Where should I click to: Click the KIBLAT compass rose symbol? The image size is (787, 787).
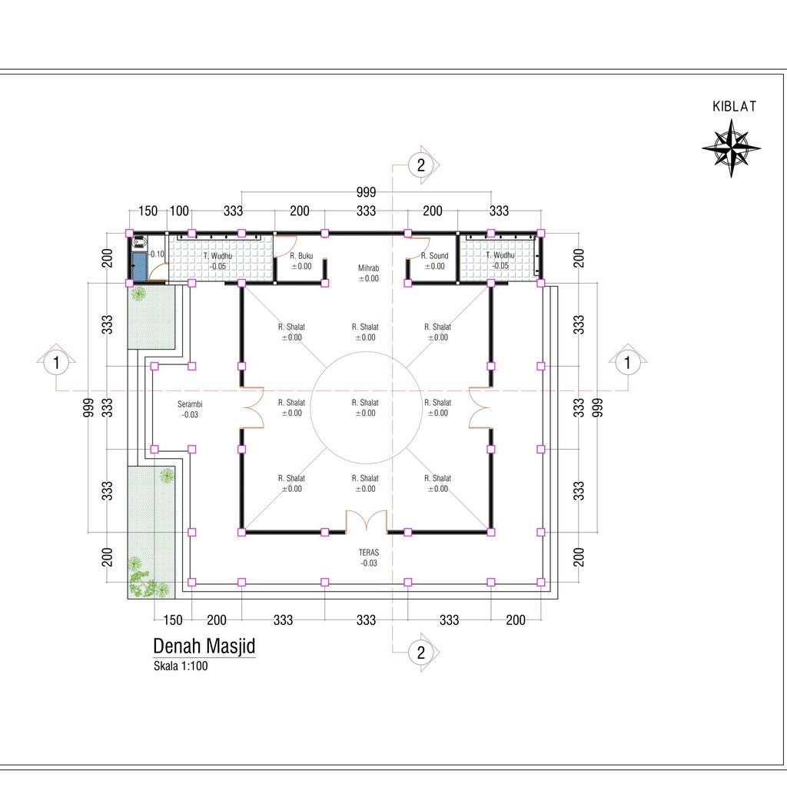pyautogui.click(x=732, y=148)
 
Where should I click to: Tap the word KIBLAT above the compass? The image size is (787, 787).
pyautogui.click(x=734, y=106)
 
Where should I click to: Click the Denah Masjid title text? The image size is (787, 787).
pyautogui.click(x=204, y=646)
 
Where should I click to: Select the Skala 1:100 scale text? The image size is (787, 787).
pyautogui.click(x=181, y=666)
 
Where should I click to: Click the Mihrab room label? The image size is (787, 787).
pyautogui.click(x=368, y=268)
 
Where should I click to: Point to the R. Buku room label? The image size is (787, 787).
pyautogui.click(x=301, y=255)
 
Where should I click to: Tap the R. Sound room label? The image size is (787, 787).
pyautogui.click(x=435, y=255)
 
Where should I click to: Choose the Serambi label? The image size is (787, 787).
pyautogui.click(x=190, y=404)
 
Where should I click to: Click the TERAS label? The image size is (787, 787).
pyautogui.click(x=369, y=552)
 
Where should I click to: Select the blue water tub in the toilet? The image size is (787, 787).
pyautogui.click(x=140, y=267)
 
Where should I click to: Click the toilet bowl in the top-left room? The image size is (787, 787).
pyautogui.click(x=140, y=243)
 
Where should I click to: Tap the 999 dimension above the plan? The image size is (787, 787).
pyautogui.click(x=367, y=191)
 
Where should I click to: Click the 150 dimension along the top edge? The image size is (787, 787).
pyautogui.click(x=148, y=211)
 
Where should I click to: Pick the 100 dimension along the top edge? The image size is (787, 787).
pyautogui.click(x=179, y=211)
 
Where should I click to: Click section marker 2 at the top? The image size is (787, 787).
pyautogui.click(x=421, y=164)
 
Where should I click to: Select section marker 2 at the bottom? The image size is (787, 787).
pyautogui.click(x=421, y=652)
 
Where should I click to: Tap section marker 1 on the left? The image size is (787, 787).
pyautogui.click(x=56, y=362)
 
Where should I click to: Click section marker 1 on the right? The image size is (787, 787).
pyautogui.click(x=627, y=362)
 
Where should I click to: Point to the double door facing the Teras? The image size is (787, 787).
pyautogui.click(x=367, y=521)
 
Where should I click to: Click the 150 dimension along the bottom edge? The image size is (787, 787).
pyautogui.click(x=173, y=620)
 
